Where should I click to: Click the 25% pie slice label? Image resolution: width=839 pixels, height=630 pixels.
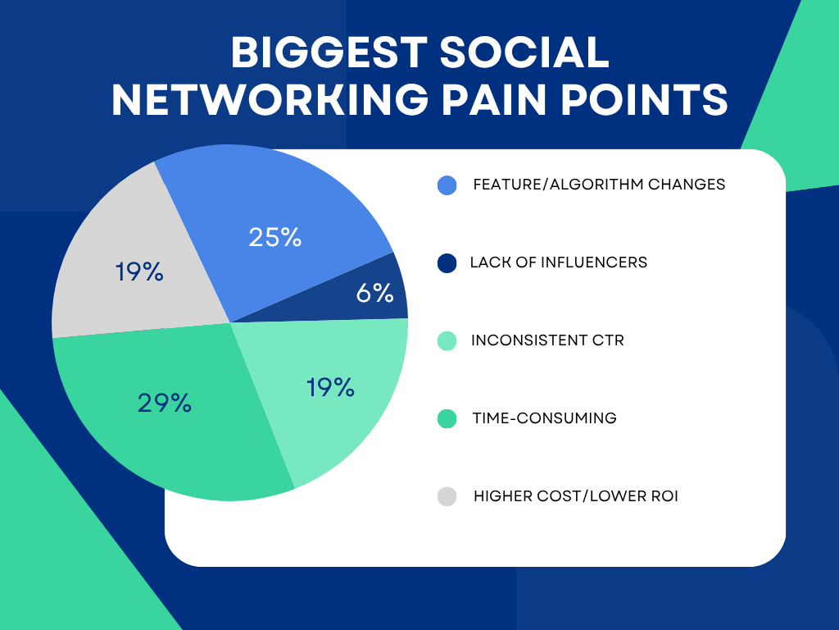pyautogui.click(x=275, y=238)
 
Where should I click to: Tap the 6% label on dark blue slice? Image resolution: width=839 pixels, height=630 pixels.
pyautogui.click(x=375, y=293)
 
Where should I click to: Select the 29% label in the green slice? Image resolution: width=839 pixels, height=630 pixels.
pyautogui.click(x=165, y=403)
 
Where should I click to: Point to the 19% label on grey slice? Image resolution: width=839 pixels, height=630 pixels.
pyautogui.click(x=139, y=272)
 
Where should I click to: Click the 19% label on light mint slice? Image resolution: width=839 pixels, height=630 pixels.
pyautogui.click(x=330, y=387)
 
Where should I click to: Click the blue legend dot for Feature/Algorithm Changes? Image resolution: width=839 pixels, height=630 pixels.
pyautogui.click(x=447, y=185)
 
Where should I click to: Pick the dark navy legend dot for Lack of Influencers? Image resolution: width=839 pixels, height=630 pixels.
pyautogui.click(x=447, y=262)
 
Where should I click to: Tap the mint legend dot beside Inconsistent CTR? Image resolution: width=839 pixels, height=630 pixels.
pyautogui.click(x=447, y=340)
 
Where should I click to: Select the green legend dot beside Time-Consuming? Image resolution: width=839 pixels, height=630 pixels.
pyautogui.click(x=447, y=418)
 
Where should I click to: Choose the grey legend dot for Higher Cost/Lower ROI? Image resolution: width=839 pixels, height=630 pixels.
pyautogui.click(x=447, y=496)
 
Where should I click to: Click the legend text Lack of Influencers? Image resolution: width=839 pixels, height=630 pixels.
pyautogui.click(x=558, y=262)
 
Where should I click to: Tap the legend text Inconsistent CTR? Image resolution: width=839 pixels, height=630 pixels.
pyautogui.click(x=547, y=340)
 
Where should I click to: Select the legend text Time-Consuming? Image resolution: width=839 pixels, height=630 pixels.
pyautogui.click(x=544, y=418)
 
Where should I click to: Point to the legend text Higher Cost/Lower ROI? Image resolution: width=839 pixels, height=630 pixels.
pyautogui.click(x=575, y=496)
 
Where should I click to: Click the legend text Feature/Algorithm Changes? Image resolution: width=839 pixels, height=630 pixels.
pyautogui.click(x=599, y=185)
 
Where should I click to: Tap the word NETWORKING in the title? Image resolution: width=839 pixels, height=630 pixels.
pyautogui.click(x=269, y=101)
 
